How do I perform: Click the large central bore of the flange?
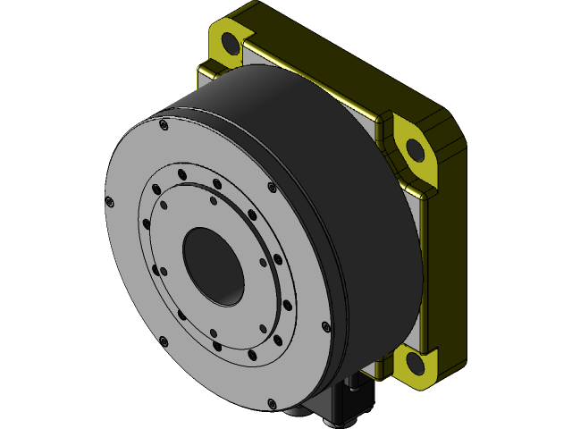click(x=213, y=265)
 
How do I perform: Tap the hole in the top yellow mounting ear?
click(x=229, y=42)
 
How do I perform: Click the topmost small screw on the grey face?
click(x=162, y=126)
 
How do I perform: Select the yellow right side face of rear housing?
click(x=447, y=268)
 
